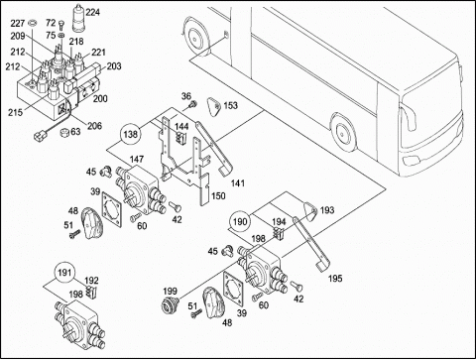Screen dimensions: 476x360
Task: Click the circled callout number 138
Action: point(130,135)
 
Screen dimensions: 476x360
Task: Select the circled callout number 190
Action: point(240,221)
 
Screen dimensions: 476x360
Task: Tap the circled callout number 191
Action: point(64,273)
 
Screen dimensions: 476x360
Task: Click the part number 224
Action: point(92,13)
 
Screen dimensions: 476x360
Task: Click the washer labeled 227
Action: point(32,23)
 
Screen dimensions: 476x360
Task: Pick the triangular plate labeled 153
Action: point(213,106)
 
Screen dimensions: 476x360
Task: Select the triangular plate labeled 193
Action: point(310,209)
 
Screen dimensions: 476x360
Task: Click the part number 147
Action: point(136,159)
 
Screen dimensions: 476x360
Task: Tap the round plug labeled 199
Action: point(169,303)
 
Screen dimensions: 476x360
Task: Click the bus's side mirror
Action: point(408,119)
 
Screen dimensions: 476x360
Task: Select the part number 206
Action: point(94,126)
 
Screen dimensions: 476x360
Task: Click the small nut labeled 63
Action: point(63,132)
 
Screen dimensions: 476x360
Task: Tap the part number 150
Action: point(218,195)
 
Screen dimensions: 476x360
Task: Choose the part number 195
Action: point(335,279)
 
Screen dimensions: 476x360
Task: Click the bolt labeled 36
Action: point(192,105)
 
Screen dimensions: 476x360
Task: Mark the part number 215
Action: point(15,112)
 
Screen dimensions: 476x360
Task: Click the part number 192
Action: point(91,281)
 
